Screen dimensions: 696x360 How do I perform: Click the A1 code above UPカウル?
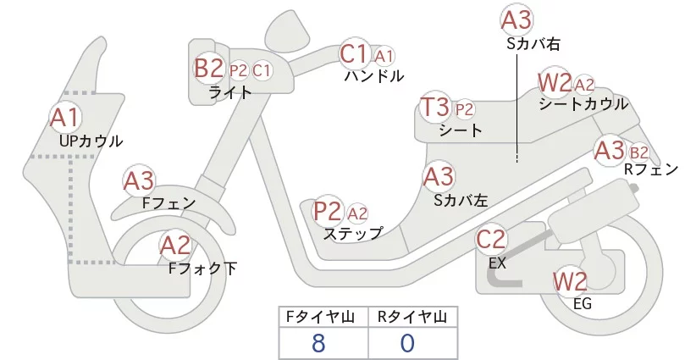coord(64,117)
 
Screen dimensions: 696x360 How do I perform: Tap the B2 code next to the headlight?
coord(208,69)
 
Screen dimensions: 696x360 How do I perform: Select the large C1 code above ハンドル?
coord(354,54)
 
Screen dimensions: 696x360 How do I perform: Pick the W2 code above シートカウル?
coord(555,83)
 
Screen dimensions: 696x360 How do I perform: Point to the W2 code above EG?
coord(570,281)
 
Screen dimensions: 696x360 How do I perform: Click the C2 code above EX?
coord(491,240)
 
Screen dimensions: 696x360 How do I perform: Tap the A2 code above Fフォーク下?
coord(175,246)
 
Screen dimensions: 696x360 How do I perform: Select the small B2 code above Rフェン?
coord(639,152)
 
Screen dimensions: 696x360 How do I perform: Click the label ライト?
coord(230,92)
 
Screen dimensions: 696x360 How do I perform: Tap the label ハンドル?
coord(373,76)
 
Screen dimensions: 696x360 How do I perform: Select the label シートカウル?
coord(583,104)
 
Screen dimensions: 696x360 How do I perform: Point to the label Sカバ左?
coord(460,201)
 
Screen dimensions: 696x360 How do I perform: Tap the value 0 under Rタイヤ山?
coord(407,343)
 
